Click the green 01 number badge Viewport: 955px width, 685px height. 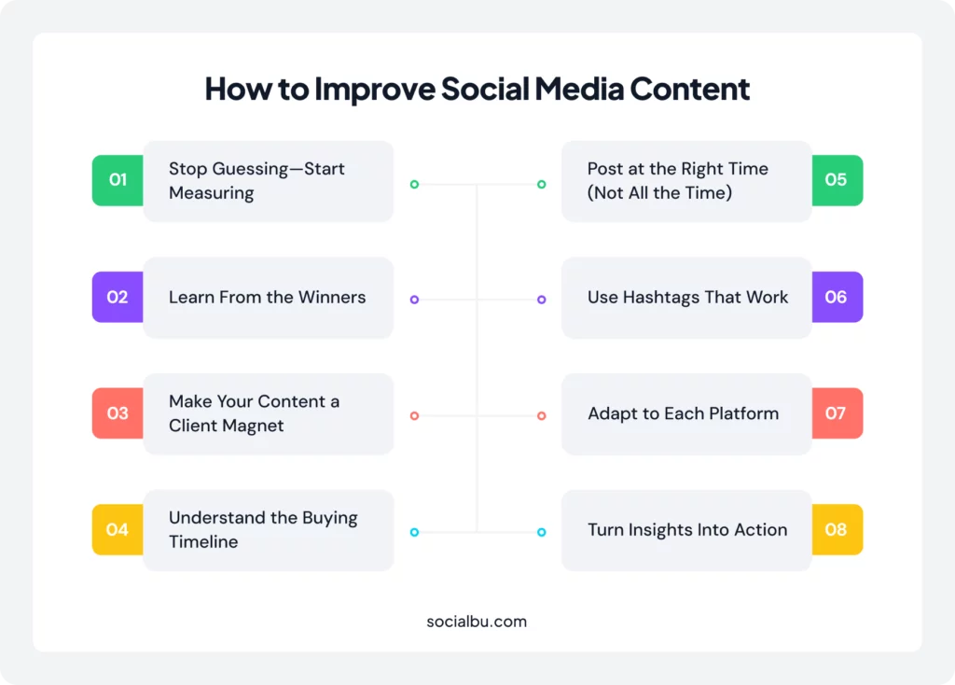coord(118,180)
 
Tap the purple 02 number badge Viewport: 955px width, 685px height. coord(118,297)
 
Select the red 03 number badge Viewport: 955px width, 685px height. coord(118,413)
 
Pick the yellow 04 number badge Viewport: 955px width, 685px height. coord(118,529)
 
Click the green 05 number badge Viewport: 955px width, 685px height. coord(837,180)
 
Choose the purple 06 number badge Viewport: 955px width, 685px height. coord(837,297)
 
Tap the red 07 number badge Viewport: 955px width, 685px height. coord(837,413)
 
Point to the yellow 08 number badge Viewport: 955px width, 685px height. coord(837,529)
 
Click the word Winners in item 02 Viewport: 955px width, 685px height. coord(332,297)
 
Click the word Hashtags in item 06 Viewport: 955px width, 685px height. coord(661,298)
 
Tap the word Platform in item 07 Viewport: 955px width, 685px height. coord(743,413)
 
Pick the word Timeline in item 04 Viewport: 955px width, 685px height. coord(203,542)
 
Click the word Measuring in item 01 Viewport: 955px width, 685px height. coord(212,193)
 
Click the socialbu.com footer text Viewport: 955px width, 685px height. coord(477,622)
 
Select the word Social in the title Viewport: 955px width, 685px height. coord(485,89)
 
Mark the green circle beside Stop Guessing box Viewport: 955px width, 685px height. coord(414,184)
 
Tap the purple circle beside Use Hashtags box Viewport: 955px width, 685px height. coord(542,300)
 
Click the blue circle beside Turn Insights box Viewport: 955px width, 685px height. coord(542,532)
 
